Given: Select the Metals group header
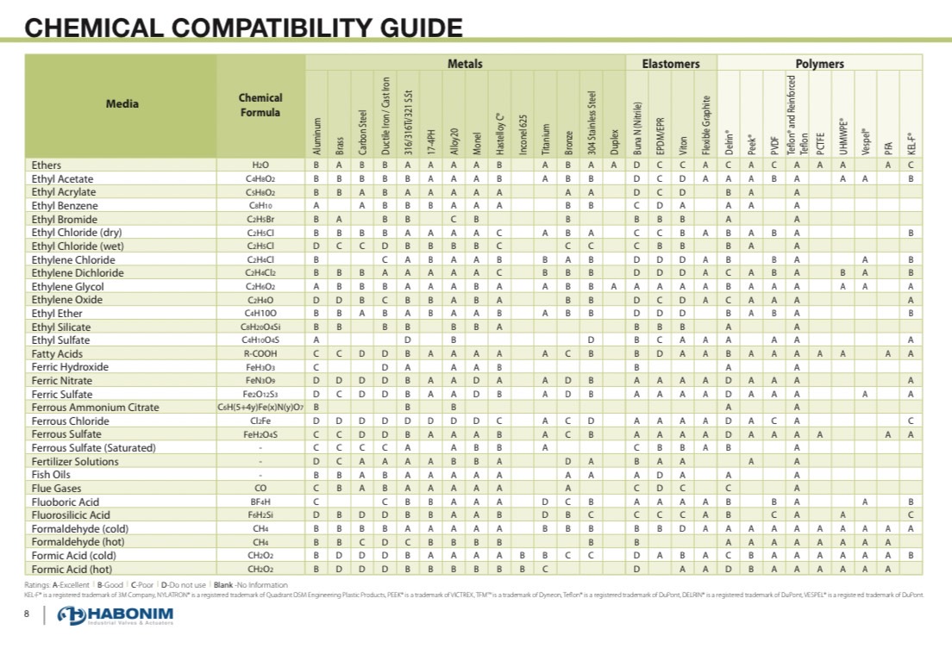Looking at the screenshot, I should point(465,64).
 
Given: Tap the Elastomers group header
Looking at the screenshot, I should point(671,64).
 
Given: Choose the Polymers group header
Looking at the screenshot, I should point(819,64).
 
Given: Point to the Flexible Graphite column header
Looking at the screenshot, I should point(705,125).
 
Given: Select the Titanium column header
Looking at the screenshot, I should point(546,137).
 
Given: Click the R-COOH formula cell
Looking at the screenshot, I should point(260,353).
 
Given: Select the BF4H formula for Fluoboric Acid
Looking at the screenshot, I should point(260,502).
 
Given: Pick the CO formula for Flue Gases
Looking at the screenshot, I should point(260,488).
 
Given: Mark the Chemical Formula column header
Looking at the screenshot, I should point(260,105).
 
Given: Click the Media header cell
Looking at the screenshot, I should point(122,104).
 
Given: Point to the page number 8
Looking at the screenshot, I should point(28,614).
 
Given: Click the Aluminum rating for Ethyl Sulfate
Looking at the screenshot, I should point(317,340).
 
